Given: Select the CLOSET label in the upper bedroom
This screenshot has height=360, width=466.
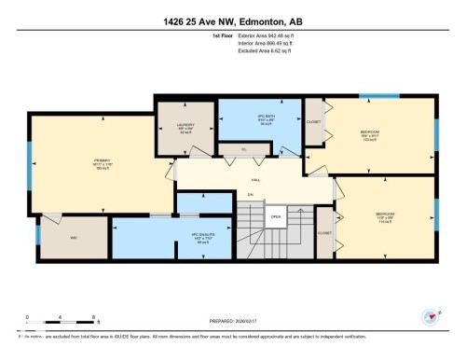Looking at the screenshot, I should (x=315, y=121).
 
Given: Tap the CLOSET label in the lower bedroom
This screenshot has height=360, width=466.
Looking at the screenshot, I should (x=325, y=234).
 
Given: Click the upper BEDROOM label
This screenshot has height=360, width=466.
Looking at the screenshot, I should (x=369, y=133).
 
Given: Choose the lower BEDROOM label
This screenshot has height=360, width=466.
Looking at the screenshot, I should (x=385, y=214).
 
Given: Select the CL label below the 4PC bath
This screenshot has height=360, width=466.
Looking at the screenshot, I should (x=243, y=149).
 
